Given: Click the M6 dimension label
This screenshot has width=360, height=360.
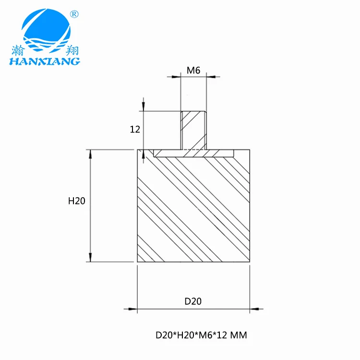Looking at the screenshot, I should click(x=193, y=71).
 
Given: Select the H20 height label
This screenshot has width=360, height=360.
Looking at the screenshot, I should click(x=76, y=201).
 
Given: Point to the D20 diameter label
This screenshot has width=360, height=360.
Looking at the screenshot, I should click(x=193, y=301).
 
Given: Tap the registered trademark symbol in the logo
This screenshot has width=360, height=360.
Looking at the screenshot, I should click(x=74, y=14).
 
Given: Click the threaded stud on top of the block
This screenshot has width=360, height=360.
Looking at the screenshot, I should click(x=193, y=130).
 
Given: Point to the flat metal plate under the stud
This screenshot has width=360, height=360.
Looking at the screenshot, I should click(x=193, y=153).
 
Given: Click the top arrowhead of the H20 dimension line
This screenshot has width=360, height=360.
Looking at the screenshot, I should click(x=89, y=154).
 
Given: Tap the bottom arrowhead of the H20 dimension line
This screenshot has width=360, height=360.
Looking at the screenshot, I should click(x=89, y=258).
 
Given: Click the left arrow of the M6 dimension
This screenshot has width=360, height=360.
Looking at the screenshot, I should click(x=176, y=76).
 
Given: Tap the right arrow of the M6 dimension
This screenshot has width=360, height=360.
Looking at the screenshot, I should click(x=211, y=76).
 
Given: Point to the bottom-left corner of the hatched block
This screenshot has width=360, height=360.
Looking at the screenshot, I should click(x=137, y=262).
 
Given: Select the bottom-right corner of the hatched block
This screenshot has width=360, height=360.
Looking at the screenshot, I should click(x=250, y=262).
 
